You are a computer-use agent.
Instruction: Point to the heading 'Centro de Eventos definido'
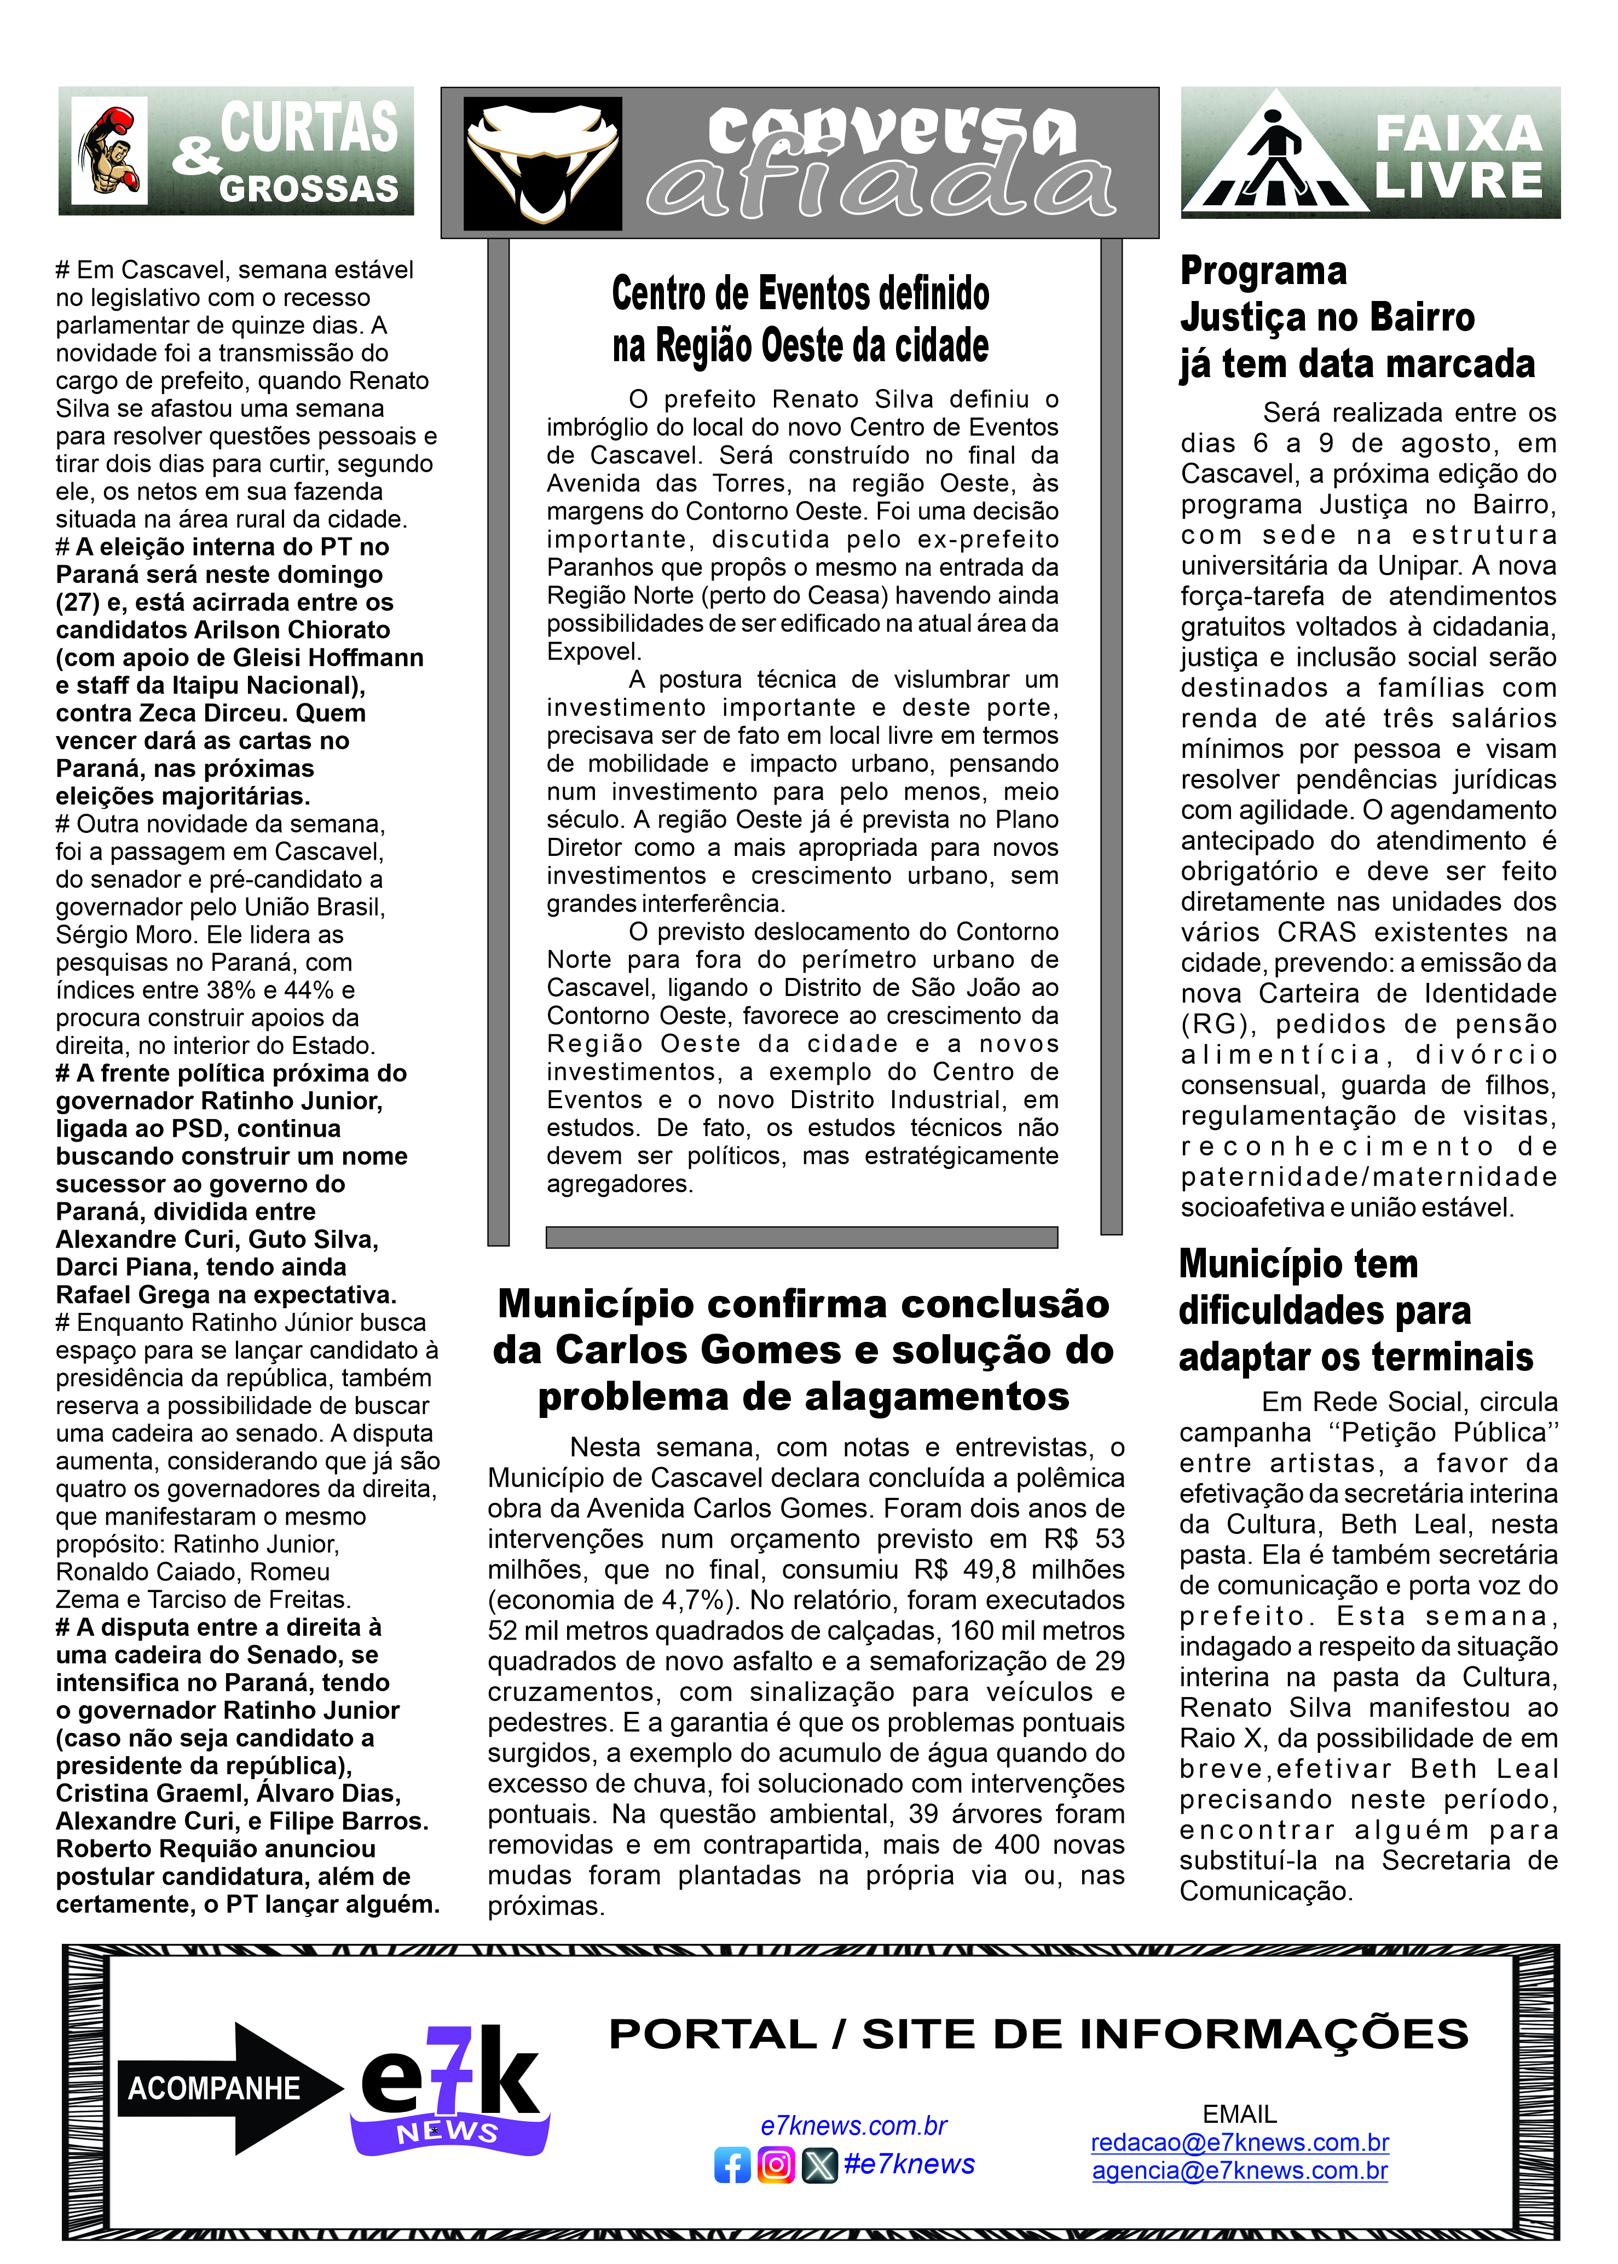800,294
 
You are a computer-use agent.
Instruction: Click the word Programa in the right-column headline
1263,271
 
